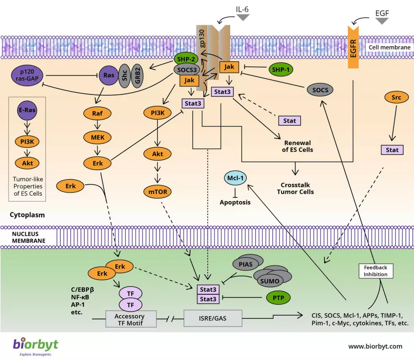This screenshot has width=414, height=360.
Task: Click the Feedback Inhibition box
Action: click(x=376, y=271)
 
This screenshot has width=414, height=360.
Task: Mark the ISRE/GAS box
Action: click(x=213, y=318)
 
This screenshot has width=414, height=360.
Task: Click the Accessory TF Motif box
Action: click(x=129, y=319)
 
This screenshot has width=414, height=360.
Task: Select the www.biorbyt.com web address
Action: click(x=375, y=347)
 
